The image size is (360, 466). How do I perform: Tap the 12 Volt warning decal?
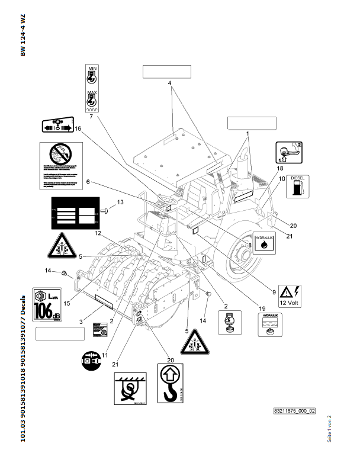(x=291, y=294)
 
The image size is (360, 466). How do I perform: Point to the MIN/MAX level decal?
(x=92, y=89)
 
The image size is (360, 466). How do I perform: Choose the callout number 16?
(x=78, y=128)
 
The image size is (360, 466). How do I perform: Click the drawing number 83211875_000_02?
(x=294, y=410)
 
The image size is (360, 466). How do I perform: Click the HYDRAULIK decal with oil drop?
(x=263, y=243)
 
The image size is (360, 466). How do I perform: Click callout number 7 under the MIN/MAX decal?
(x=91, y=117)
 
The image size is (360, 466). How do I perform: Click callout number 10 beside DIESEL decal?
(x=282, y=178)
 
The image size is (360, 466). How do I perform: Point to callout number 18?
(x=279, y=169)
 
